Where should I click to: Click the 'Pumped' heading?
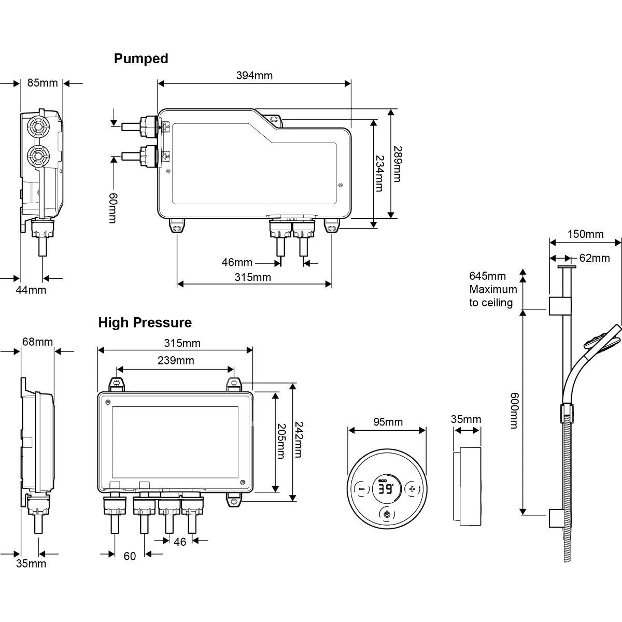141,59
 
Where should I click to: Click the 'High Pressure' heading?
145,322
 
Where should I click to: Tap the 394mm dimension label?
254,76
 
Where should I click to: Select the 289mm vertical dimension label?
397,163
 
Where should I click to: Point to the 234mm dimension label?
379,173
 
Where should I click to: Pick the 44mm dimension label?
31,290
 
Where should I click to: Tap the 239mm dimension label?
176,360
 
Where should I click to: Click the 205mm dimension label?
280,441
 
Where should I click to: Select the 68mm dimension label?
37,342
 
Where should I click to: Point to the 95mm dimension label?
388,422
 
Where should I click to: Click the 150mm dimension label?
586,234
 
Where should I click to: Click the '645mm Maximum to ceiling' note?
492,289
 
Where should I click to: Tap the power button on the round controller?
387,514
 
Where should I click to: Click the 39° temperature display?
385,490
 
